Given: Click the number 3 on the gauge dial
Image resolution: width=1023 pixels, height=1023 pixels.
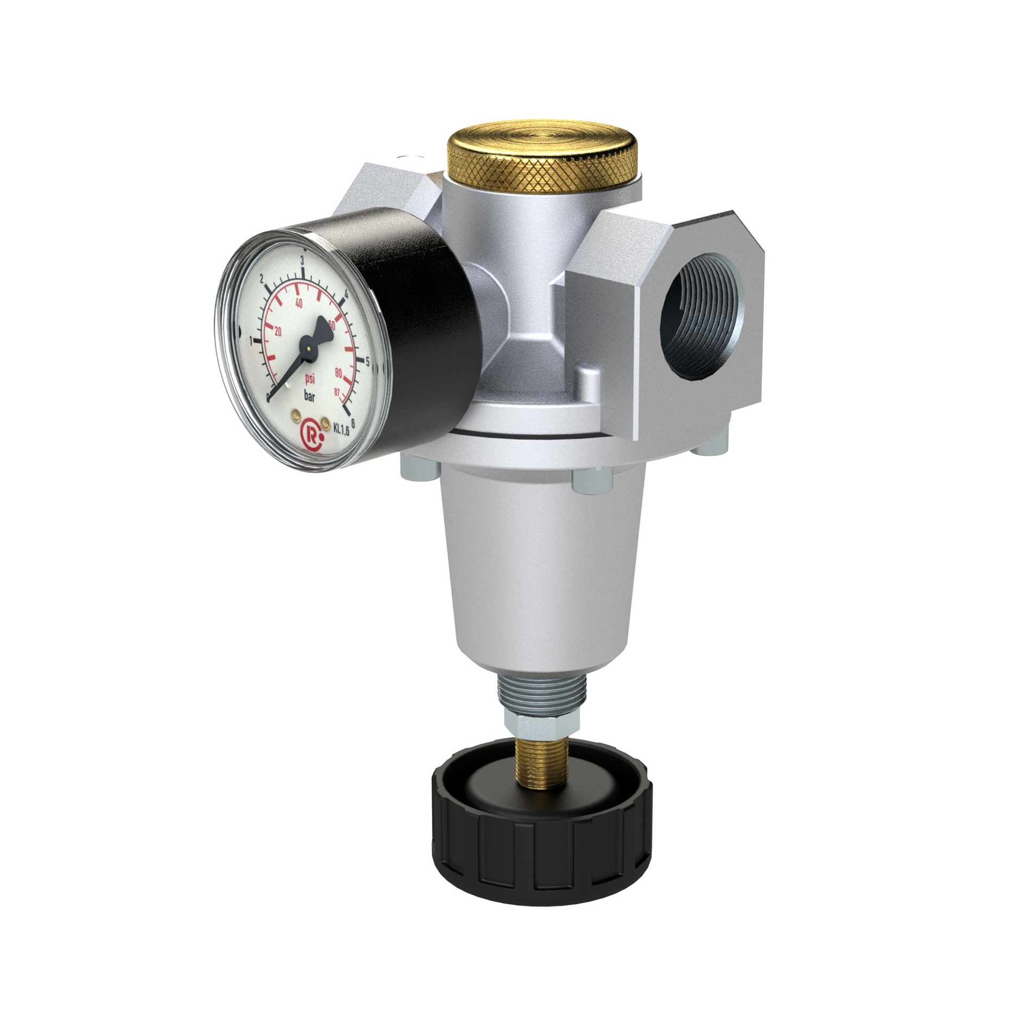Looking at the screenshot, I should (302, 261).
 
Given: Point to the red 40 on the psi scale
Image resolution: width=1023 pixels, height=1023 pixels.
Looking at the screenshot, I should (298, 304).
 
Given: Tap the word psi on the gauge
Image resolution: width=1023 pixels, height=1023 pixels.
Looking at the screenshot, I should (310, 379).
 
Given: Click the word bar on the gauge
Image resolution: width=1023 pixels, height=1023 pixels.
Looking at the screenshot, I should (309, 396).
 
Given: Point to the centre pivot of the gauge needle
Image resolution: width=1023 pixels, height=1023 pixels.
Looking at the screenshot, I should (308, 347).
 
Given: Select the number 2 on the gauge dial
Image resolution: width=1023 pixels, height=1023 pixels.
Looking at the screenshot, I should (262, 280).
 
